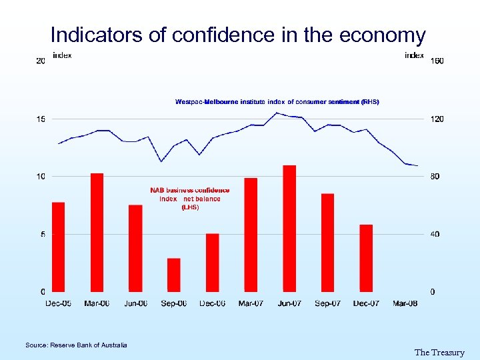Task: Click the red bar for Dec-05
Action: (x=58, y=247)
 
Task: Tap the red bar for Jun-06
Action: (x=135, y=248)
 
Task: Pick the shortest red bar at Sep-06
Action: (x=174, y=275)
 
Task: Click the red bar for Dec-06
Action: (x=213, y=263)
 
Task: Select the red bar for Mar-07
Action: (x=251, y=235)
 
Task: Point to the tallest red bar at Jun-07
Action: (x=289, y=228)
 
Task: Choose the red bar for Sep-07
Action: (x=327, y=243)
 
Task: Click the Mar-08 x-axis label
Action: (x=405, y=303)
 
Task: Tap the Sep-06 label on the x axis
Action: (x=174, y=303)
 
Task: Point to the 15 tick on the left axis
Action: (x=41, y=119)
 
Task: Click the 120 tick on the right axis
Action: (x=437, y=119)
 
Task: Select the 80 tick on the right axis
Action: (x=435, y=177)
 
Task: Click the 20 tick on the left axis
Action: (x=41, y=61)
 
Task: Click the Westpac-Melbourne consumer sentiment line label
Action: (x=277, y=102)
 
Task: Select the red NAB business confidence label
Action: (x=190, y=199)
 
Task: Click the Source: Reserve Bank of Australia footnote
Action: (x=76, y=345)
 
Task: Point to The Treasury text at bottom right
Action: (x=439, y=352)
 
